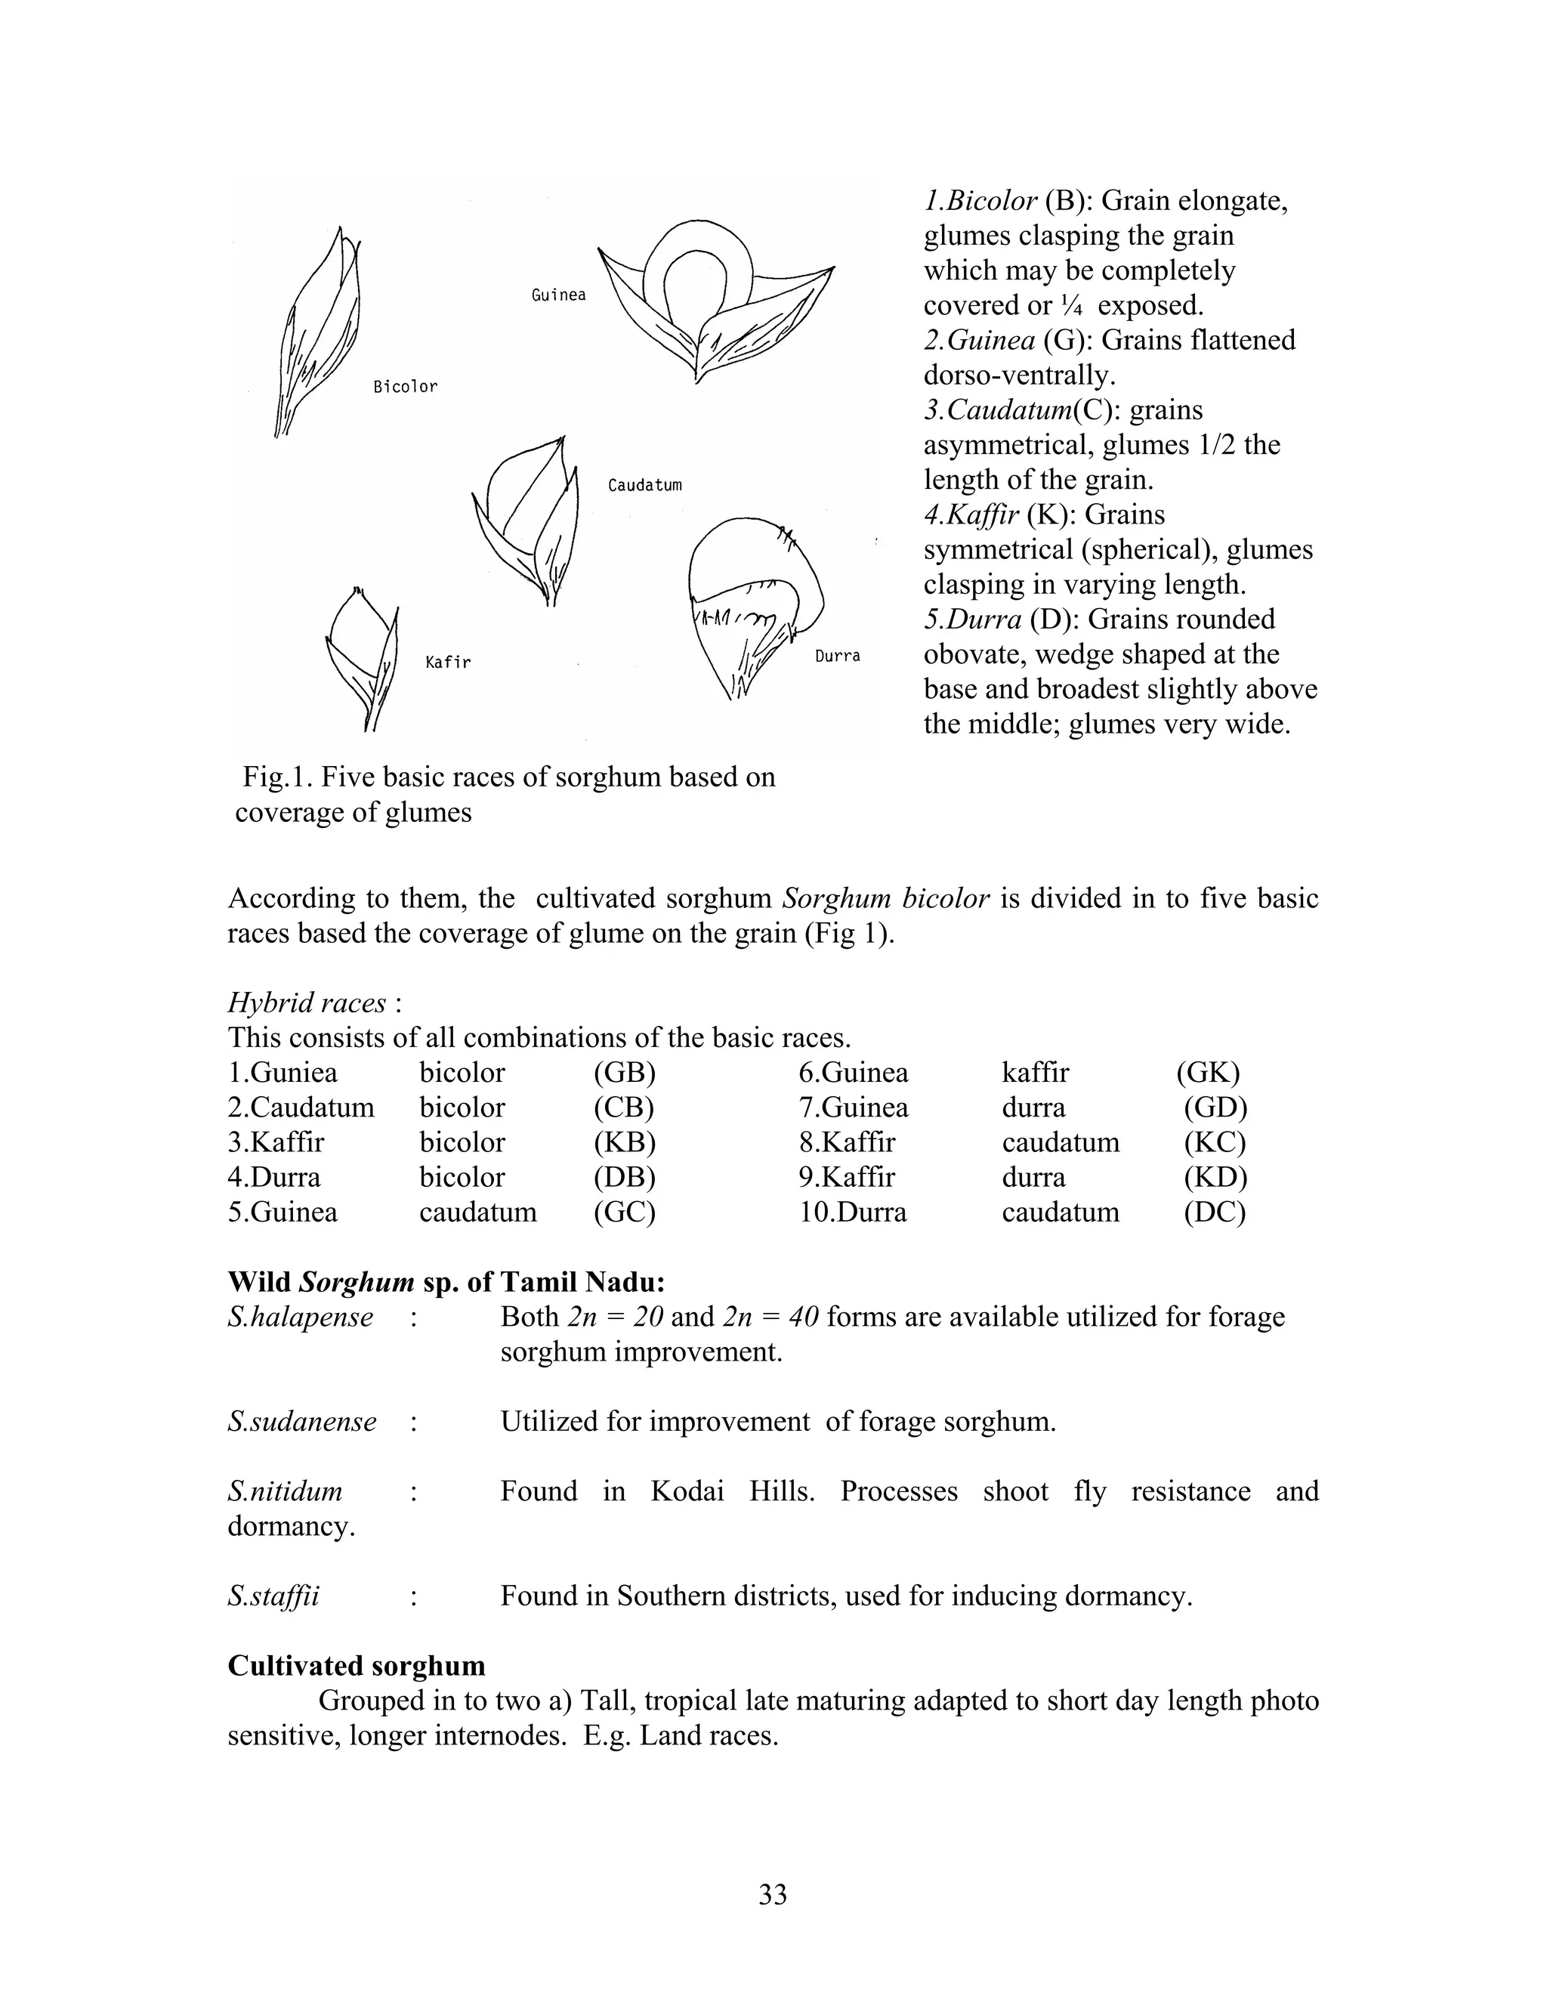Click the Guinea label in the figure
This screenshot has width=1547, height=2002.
pyautogui.click(x=558, y=295)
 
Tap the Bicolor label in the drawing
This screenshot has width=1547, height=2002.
pyautogui.click(x=405, y=387)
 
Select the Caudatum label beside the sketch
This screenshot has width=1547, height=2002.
pyautogui.click(x=644, y=485)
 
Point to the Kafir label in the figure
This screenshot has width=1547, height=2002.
pyautogui.click(x=448, y=662)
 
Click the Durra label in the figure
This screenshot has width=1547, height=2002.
pyautogui.click(x=838, y=657)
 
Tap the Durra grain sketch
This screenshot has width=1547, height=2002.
pyautogui.click(x=753, y=605)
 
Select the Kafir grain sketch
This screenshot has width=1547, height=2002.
pyautogui.click(x=363, y=657)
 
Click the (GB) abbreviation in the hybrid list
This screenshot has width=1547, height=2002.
pyautogui.click(x=624, y=1073)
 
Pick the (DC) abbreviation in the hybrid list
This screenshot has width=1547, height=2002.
pyautogui.click(x=1215, y=1212)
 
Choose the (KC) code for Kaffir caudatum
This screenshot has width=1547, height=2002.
pyautogui.click(x=1215, y=1142)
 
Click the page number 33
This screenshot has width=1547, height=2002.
pyautogui.click(x=773, y=1894)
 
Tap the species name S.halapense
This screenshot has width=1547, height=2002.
pyautogui.click(x=301, y=1318)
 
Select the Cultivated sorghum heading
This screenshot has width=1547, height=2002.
pyautogui.click(x=357, y=1666)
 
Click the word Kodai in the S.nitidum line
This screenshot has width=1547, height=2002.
pyautogui.click(x=687, y=1491)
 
